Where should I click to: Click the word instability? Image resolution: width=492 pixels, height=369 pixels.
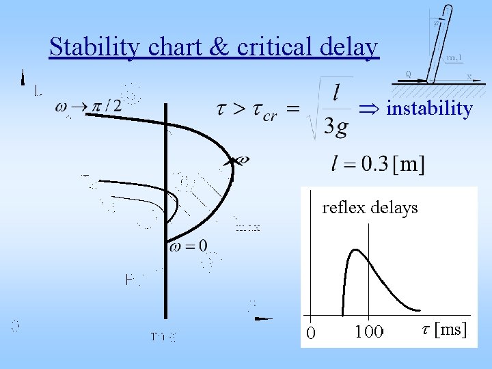coord(429,109)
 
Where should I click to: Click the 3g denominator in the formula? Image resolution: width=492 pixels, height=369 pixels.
coord(338,126)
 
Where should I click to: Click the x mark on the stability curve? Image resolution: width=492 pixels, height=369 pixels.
coord(239,161)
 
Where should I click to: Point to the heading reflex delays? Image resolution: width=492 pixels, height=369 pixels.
coord(370,208)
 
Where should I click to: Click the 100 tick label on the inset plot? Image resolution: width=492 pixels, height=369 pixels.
coord(369,331)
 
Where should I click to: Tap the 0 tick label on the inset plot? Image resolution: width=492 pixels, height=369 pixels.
coord(311,333)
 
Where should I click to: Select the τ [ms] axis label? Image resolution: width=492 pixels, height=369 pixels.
coord(444,329)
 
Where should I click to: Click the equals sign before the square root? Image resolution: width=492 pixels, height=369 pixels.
coord(292,108)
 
